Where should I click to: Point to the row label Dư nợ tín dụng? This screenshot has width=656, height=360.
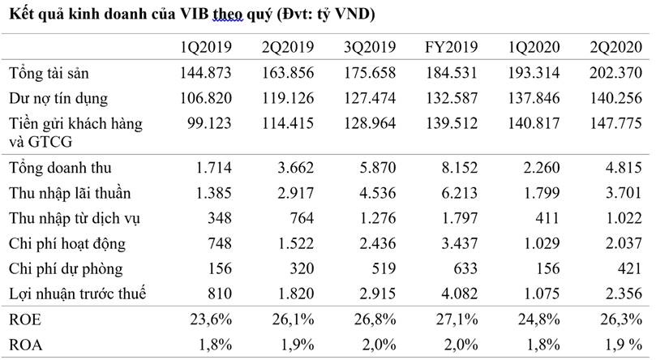[57, 99]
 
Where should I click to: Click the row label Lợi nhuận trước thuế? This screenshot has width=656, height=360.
[77, 294]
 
